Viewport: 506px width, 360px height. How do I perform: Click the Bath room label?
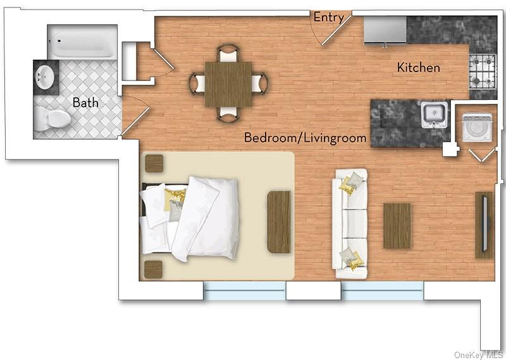[x=85, y=102]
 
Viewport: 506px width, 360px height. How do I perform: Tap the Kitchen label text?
[x=419, y=68]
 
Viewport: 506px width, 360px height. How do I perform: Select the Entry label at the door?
[x=328, y=18]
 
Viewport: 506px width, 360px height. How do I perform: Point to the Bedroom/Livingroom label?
[x=305, y=137]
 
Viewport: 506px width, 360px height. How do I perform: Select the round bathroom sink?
[x=44, y=77]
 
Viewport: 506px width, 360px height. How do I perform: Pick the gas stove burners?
[x=481, y=71]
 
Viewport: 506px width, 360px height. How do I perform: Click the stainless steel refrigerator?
[x=385, y=30]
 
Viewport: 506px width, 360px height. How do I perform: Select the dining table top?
[x=228, y=84]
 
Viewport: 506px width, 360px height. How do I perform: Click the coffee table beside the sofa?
[x=397, y=225]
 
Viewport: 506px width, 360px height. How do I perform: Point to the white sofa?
[x=351, y=224]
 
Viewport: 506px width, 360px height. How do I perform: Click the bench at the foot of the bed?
[x=278, y=221]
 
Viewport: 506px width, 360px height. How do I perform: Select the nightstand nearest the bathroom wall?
[x=154, y=163]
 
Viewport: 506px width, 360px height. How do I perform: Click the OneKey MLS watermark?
[x=479, y=355]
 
